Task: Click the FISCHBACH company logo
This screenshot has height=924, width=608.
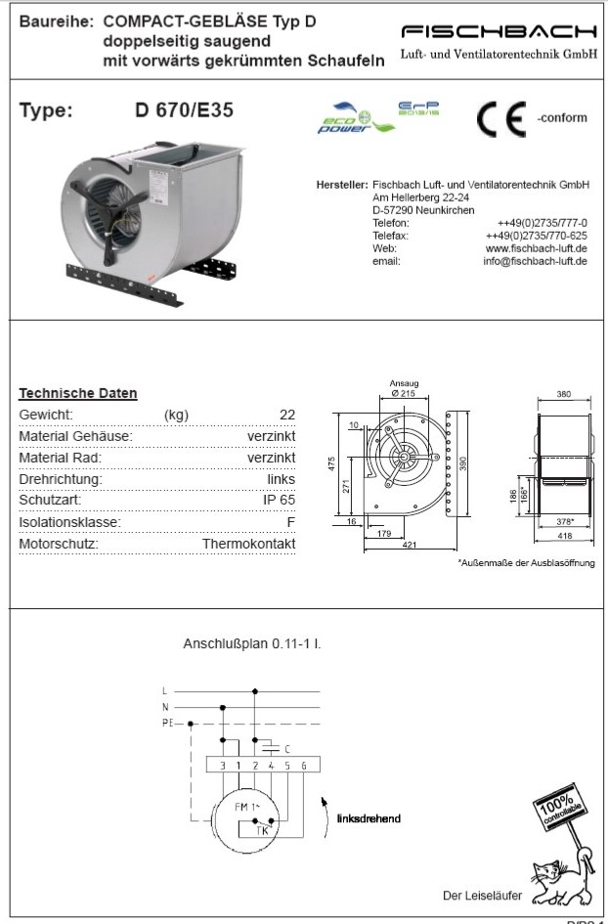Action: [499, 32]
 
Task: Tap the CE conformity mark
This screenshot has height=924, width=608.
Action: [500, 119]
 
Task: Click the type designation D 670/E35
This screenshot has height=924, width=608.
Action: [184, 110]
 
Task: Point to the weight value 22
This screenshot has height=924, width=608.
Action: [286, 415]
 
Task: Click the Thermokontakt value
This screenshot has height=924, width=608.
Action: [248, 544]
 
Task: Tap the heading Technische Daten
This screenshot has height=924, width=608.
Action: [78, 393]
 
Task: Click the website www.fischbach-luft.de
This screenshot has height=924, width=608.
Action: [536, 248]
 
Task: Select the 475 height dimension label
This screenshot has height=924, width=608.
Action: [330, 462]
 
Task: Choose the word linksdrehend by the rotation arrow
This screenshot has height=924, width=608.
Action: [368, 817]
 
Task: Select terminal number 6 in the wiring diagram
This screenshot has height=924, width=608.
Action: [304, 766]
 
